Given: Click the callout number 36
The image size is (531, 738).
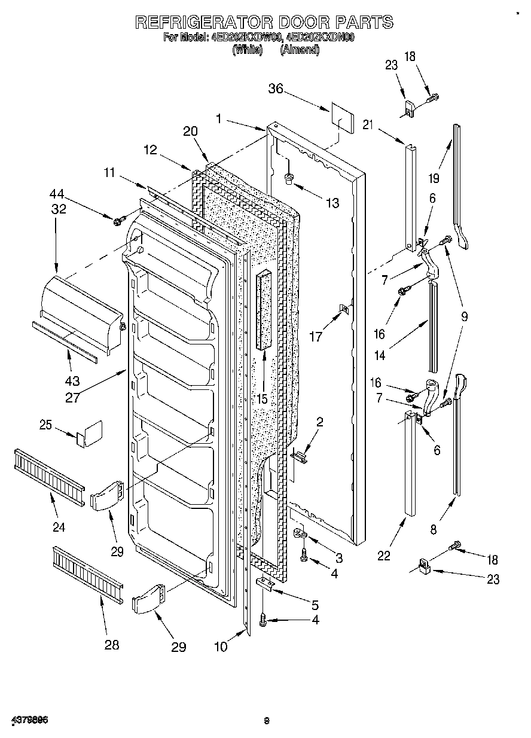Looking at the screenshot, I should (275, 90).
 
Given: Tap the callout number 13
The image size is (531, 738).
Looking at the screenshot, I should (332, 203).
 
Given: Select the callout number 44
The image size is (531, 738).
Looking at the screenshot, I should (58, 195).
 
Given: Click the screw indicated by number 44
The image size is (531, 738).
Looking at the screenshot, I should (117, 221).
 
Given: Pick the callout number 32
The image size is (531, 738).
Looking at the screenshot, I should (58, 209).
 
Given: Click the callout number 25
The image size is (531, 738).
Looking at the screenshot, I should (46, 425).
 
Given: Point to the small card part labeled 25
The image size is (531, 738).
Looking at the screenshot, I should (89, 434).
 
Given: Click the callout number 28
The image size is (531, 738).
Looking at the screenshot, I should (111, 645).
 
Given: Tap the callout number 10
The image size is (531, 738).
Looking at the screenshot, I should (221, 646).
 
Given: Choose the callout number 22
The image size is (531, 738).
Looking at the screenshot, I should (383, 556).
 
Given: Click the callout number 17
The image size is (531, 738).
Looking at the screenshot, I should (316, 337).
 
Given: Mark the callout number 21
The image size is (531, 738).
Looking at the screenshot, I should (368, 125).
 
